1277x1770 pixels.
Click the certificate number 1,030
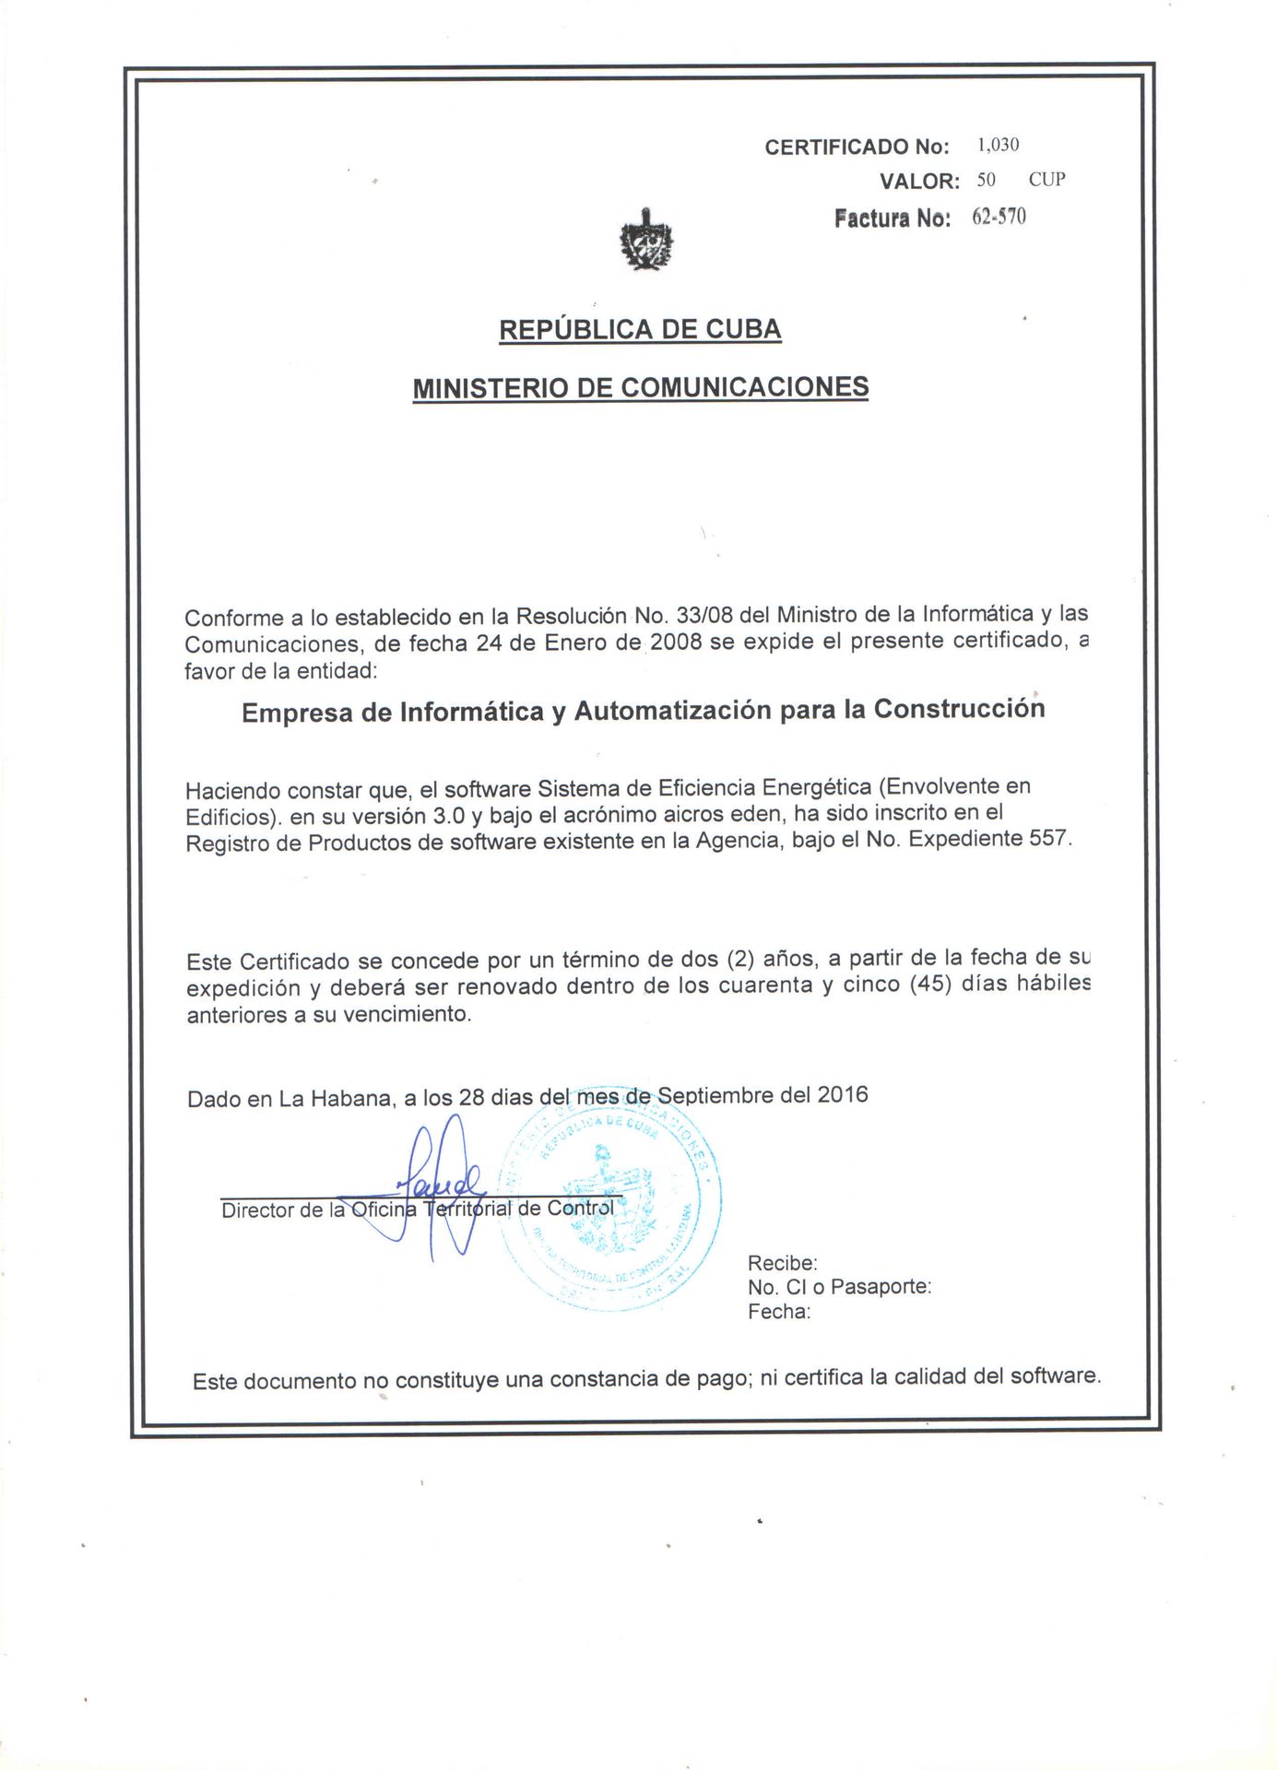998,145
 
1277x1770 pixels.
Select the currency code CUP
1046,180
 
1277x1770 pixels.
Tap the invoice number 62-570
999,217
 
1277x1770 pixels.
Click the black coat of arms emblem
646,241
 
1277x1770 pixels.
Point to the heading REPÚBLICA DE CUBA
640,329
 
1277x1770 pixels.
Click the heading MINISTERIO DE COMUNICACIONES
640,387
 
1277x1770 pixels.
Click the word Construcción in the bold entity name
959,709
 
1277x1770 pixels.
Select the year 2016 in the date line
842,1094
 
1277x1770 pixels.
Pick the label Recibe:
782,1263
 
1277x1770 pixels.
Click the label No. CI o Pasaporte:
839,1287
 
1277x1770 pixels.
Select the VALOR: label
919,182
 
